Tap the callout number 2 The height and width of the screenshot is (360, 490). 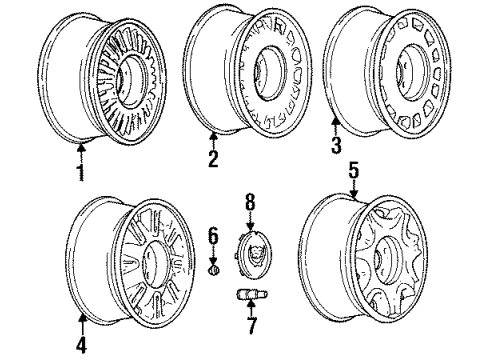click(213, 160)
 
